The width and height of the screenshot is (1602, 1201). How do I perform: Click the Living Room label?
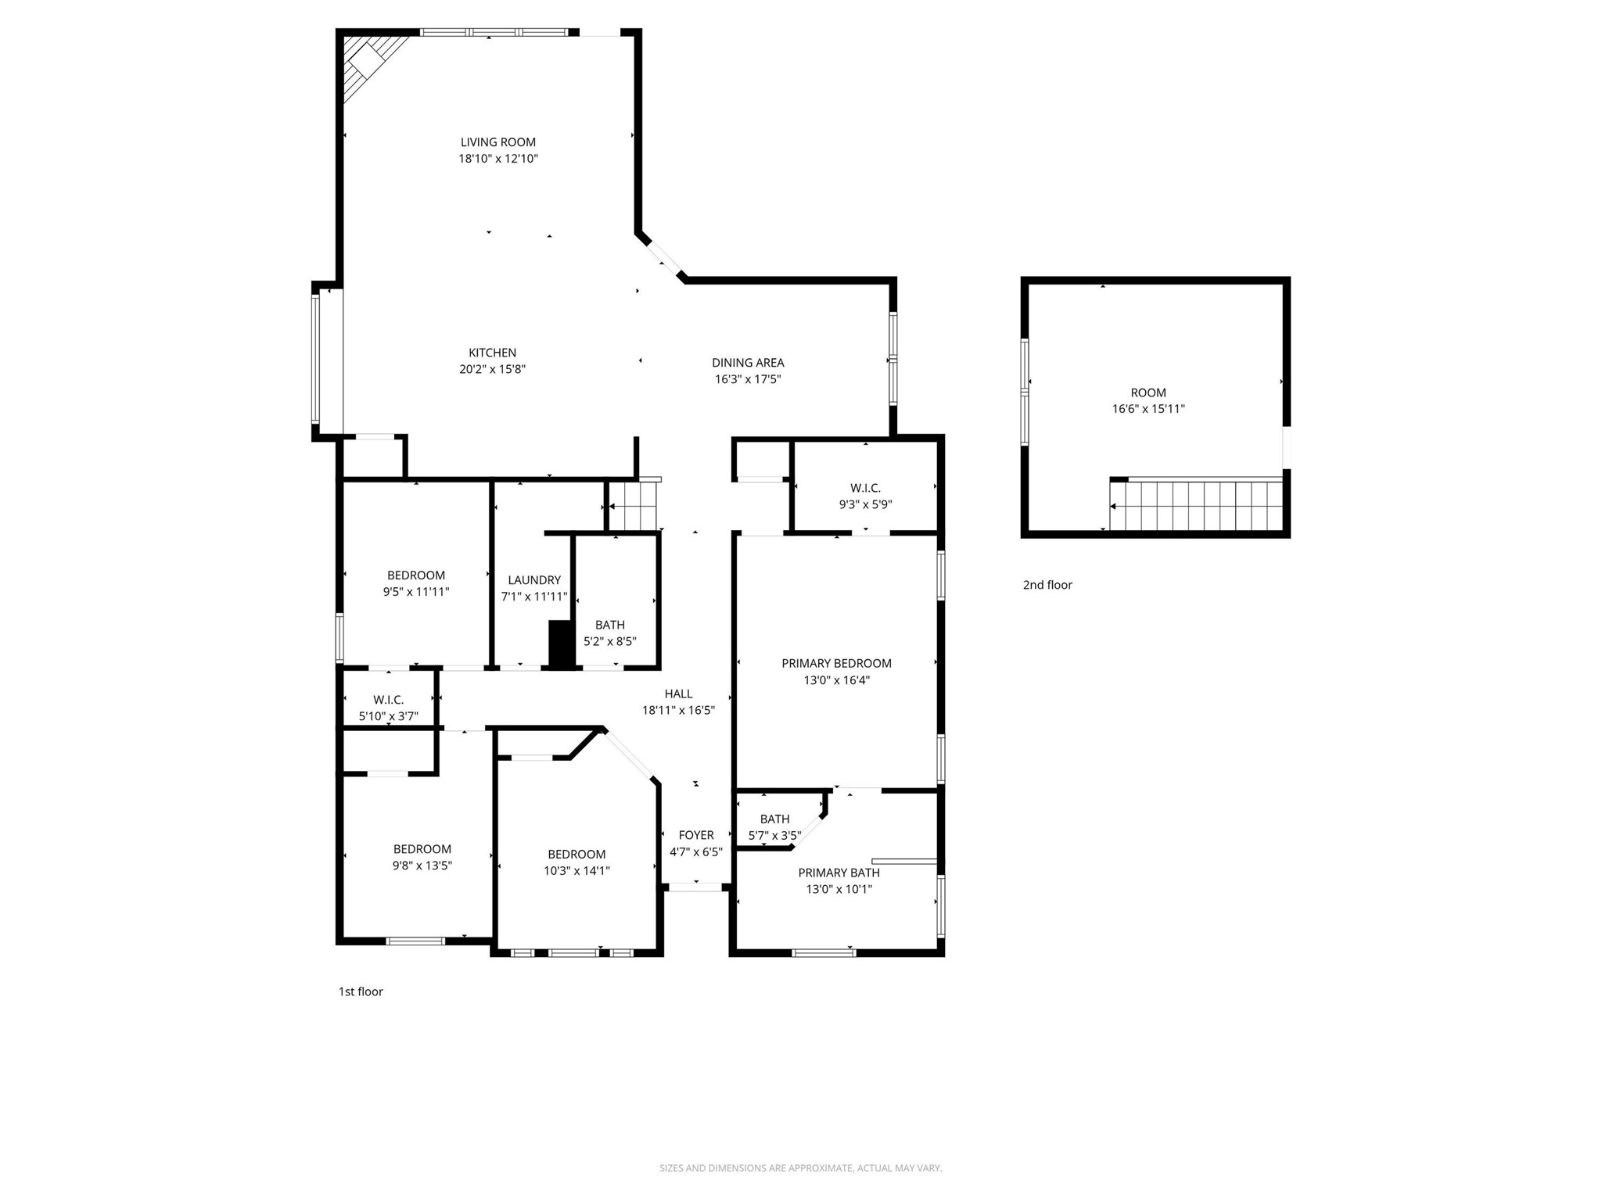point(497,142)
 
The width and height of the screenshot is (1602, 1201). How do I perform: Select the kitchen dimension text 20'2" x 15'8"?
point(492,369)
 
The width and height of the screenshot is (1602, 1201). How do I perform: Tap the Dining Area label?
point(747,363)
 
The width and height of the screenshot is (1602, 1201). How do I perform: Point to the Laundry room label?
point(533,580)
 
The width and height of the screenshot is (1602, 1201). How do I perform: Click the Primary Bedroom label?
point(836,664)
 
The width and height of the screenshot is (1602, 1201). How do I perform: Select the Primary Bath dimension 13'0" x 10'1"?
point(839,889)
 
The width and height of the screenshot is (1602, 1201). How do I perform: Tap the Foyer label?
point(695,835)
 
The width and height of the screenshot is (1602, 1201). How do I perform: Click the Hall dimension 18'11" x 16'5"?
point(678,710)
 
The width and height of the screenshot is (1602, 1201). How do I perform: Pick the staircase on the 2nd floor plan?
point(1197,506)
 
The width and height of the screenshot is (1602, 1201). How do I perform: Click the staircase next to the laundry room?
point(634,506)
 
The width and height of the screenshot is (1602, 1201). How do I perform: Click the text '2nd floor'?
point(1047,585)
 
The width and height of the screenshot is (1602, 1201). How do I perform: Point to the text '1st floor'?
point(361,991)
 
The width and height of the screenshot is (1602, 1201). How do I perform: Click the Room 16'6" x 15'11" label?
point(1148,400)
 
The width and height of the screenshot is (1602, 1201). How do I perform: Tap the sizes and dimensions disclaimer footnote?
point(800,1168)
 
